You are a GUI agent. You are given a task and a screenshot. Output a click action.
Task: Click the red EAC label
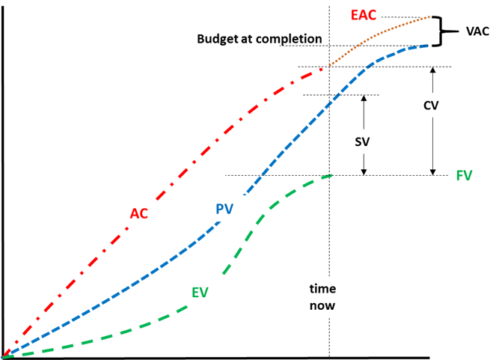click(364, 14)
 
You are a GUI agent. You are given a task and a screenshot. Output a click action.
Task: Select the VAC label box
click(477, 31)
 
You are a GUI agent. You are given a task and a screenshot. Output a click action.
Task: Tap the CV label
click(431, 105)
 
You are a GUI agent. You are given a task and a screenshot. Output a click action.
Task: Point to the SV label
click(363, 141)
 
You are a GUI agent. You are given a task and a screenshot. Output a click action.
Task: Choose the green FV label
click(465, 175)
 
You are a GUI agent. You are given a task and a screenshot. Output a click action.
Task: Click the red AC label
click(139, 213)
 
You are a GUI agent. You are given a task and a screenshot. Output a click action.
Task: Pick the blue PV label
click(224, 209)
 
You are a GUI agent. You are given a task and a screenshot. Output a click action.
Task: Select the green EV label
click(200, 292)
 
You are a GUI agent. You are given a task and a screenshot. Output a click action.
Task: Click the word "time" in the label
click(323, 289)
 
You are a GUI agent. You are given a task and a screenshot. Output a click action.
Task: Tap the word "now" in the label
click(322, 305)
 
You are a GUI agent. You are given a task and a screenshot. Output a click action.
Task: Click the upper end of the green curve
click(330, 175)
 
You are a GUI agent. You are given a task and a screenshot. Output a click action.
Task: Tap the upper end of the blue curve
click(427, 46)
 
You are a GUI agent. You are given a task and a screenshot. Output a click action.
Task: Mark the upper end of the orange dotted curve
click(429, 16)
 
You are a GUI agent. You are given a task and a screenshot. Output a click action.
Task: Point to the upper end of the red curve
click(323, 68)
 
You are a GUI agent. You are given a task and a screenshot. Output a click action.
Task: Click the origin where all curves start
click(3, 356)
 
